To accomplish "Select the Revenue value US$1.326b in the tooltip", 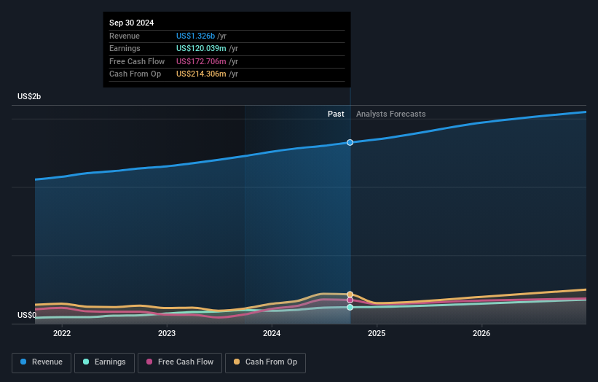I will [x=200, y=36].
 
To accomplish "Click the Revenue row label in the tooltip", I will [x=125, y=36].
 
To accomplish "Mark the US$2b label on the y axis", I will [x=30, y=97].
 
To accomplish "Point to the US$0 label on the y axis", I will [x=27, y=315].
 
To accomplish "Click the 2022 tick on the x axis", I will [x=62, y=334].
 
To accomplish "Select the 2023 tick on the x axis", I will [x=167, y=334].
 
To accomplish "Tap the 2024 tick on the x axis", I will [x=272, y=334].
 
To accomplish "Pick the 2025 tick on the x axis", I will [x=377, y=334].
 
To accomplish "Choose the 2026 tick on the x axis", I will [x=481, y=334].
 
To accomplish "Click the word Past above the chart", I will [x=336, y=114].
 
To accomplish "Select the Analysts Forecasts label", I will [x=390, y=114].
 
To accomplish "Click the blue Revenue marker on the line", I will [x=350, y=142].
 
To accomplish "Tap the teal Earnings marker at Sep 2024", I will [x=350, y=307].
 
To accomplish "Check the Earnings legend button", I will [x=103, y=362].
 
